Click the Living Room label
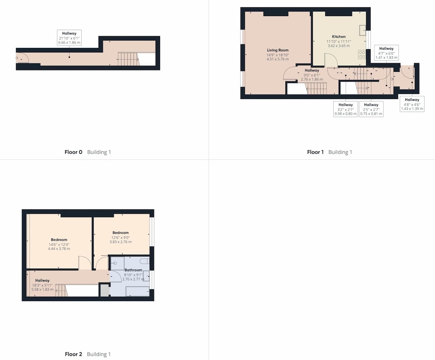(x=278, y=50)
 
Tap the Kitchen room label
(x=339, y=37)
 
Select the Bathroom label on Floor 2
(x=133, y=270)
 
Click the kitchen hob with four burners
(x=362, y=54)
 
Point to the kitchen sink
(x=362, y=30)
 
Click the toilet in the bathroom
(x=144, y=261)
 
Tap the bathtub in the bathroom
(x=137, y=292)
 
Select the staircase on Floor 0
(x=128, y=59)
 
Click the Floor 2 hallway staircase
(x=62, y=290)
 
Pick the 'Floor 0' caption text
(x=73, y=152)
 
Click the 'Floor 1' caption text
(x=315, y=152)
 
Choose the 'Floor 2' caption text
(x=73, y=354)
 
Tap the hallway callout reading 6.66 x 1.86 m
(x=69, y=38)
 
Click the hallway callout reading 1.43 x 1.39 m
(x=412, y=104)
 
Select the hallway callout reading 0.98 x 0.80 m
(x=346, y=109)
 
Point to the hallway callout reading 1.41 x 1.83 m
(x=386, y=53)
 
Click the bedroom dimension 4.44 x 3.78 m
(x=59, y=249)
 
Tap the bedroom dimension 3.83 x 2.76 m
(x=120, y=242)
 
